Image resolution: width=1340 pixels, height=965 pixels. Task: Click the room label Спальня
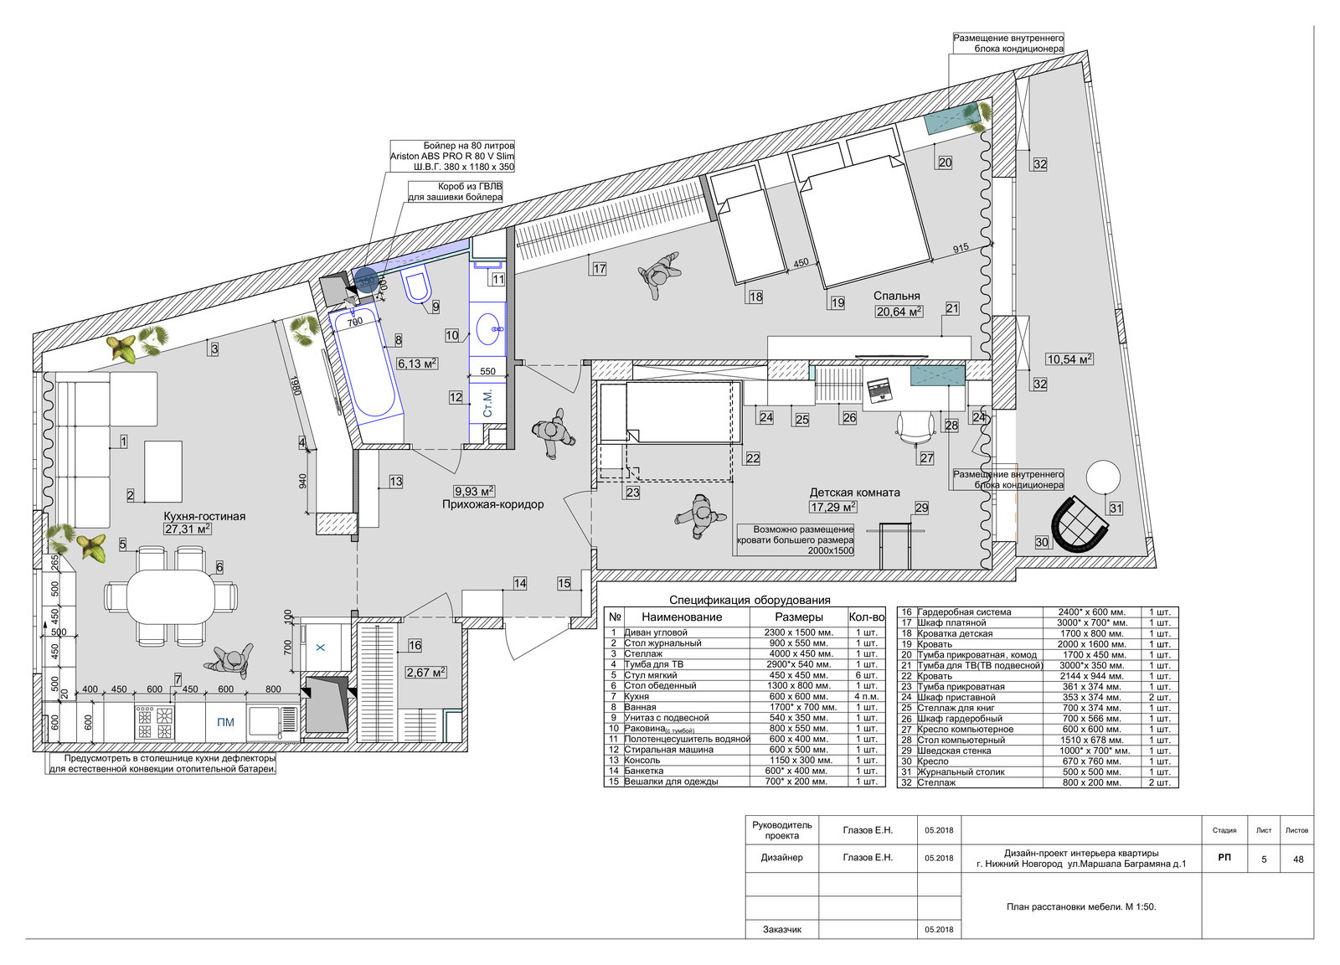896,296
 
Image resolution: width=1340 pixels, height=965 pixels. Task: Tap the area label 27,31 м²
188,529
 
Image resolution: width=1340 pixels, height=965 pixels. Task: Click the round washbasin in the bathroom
489,328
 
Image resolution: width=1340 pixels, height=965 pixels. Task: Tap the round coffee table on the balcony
1103,477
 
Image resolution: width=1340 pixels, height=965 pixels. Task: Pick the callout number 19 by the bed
837,302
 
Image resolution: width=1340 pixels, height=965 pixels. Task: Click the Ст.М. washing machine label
487,403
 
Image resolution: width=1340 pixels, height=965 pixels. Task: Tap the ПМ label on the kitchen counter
225,722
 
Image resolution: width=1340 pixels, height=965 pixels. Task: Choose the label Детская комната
854,493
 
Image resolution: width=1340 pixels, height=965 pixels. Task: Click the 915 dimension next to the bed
960,248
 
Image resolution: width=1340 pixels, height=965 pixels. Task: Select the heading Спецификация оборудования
750,600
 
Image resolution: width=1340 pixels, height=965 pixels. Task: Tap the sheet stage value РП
1224,857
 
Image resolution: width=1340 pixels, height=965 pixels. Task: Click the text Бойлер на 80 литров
468,146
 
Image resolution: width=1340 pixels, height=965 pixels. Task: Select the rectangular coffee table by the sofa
163,472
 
